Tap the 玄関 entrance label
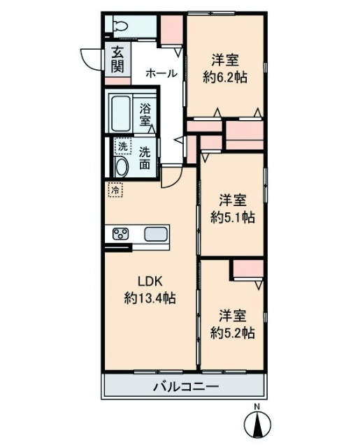click(x=117, y=59)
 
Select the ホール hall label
click(x=161, y=73)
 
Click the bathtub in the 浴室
click(x=120, y=114)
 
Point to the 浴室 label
click(x=145, y=115)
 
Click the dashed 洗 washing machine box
click(x=122, y=146)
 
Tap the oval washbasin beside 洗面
click(x=121, y=166)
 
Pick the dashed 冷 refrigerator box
click(x=115, y=189)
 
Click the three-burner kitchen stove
click(x=120, y=234)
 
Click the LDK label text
click(x=150, y=281)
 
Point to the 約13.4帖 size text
click(x=150, y=298)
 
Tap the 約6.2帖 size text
click(x=225, y=77)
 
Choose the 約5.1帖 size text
click(x=233, y=218)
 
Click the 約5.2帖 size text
click(x=233, y=332)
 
